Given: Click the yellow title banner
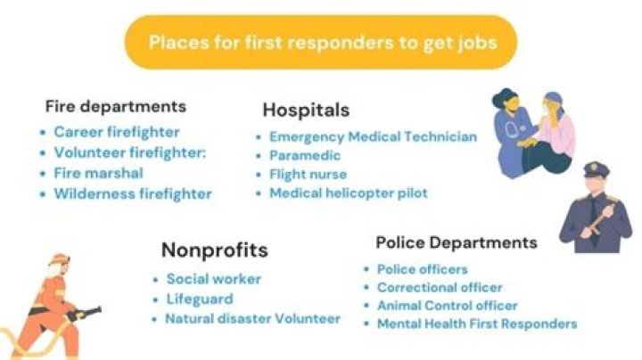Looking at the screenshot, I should [321, 43].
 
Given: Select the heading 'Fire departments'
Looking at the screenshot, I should [116, 106].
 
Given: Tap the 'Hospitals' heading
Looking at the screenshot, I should [306, 110].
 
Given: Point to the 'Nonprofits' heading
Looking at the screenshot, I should [214, 250].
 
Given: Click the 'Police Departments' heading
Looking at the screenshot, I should [457, 242].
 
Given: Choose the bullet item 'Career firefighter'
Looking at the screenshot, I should [117, 132].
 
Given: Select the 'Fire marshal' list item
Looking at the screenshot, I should [98, 173].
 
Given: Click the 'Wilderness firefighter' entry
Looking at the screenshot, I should [133, 193].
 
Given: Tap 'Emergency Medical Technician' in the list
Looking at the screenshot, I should [373, 136].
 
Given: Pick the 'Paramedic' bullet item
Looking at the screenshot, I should [305, 155].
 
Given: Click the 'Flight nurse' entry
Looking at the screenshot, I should [308, 174].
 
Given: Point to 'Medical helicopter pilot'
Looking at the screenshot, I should [349, 192].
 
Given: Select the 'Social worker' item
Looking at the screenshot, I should [214, 279].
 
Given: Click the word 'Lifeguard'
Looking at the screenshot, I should [199, 299].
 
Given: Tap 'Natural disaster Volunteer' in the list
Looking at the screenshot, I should [252, 318].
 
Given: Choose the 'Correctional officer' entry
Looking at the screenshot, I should [440, 288].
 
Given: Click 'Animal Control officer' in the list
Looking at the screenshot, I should [447, 306].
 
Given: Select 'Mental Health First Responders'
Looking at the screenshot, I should [477, 323].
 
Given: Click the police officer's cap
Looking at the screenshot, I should [595, 168].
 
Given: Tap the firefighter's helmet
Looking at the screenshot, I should [59, 259].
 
